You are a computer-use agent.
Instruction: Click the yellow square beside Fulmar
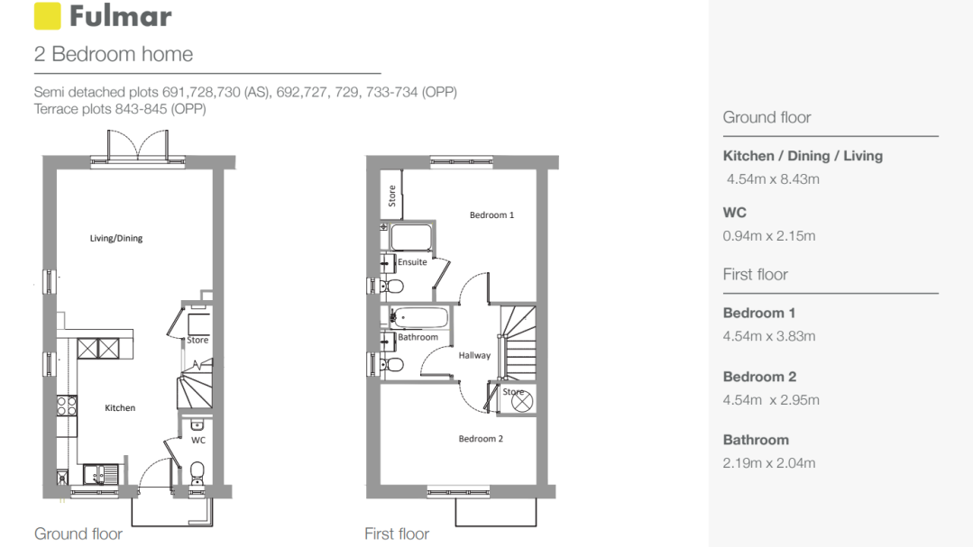click(47, 16)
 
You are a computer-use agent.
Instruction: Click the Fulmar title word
click(120, 16)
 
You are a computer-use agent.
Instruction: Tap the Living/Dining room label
click(116, 238)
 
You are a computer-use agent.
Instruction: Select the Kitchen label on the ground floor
click(120, 407)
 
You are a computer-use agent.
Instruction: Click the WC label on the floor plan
click(198, 441)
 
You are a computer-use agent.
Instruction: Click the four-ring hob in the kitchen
click(67, 406)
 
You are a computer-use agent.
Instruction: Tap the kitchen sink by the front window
click(100, 474)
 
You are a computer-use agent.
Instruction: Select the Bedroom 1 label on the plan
click(491, 215)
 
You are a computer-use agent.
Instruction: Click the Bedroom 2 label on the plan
click(481, 439)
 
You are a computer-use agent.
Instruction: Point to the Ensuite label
click(412, 261)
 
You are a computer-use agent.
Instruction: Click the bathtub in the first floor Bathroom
click(418, 318)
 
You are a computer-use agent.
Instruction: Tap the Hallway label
click(474, 355)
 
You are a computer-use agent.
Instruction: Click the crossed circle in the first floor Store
click(522, 401)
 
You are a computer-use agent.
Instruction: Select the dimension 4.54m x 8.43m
click(773, 179)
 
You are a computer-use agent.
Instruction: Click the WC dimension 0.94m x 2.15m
click(769, 236)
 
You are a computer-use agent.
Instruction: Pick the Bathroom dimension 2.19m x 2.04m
click(769, 463)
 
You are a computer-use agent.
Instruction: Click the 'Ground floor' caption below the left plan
click(78, 534)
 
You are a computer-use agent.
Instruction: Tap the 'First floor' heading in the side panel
click(755, 275)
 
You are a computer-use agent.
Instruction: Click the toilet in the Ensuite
click(391, 287)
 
